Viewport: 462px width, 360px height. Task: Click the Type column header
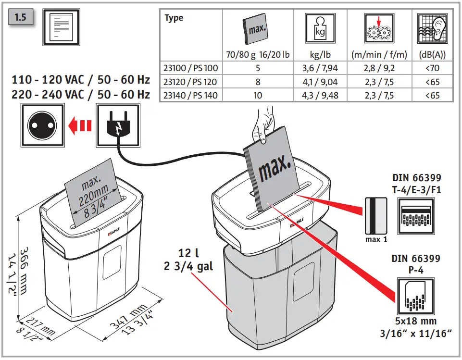point(174,18)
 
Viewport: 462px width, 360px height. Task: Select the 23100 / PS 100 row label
point(191,68)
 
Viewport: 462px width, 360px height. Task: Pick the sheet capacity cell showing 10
point(258,96)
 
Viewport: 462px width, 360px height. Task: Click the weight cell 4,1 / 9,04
point(319,82)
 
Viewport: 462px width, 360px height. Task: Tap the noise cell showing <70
point(432,68)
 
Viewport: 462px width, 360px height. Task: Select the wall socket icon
point(41,126)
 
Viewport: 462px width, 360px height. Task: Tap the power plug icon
point(119,126)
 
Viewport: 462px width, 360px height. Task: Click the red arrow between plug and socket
point(80,126)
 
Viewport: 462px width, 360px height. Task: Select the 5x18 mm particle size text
point(415,322)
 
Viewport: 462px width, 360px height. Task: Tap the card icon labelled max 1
point(375,215)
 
